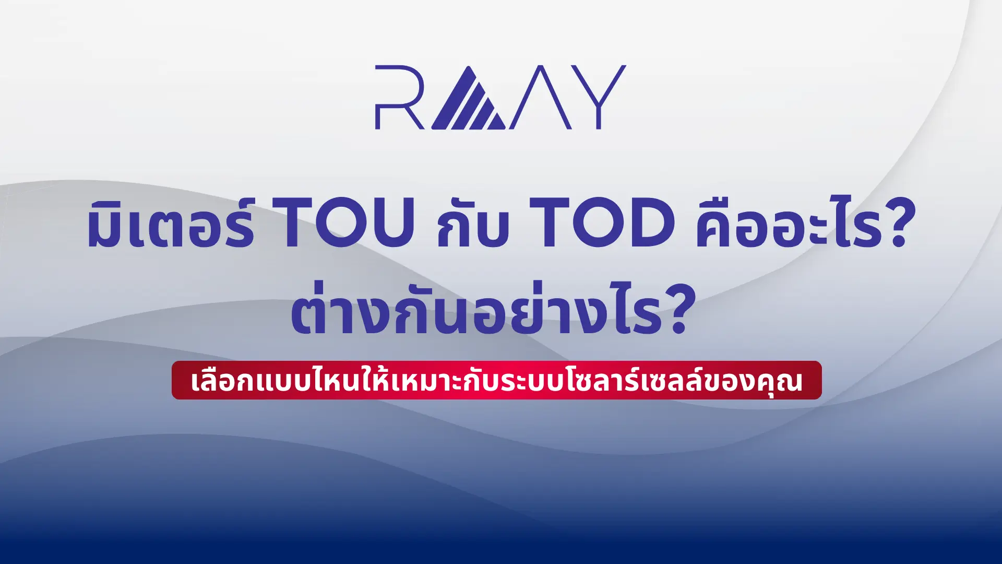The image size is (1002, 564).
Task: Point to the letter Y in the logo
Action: tap(598, 97)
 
